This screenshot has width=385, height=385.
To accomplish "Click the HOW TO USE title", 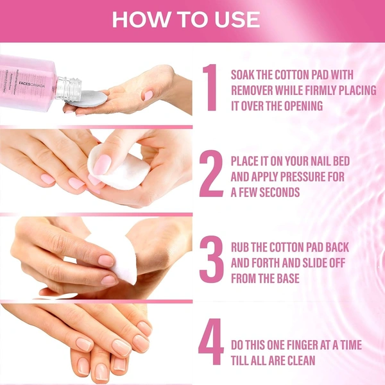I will point(186,19).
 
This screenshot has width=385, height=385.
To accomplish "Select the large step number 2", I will point(211,173).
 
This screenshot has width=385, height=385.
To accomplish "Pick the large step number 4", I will point(211,344).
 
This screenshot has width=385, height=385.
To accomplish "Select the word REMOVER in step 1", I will point(255,90).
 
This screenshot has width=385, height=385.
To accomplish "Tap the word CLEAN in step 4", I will point(298,360).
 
